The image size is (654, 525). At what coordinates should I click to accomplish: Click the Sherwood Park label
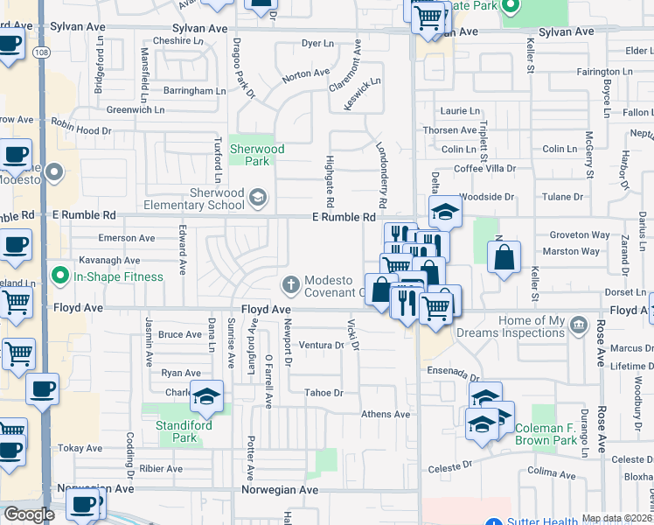click(256, 155)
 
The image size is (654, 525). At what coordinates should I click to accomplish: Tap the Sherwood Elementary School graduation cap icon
click(257, 198)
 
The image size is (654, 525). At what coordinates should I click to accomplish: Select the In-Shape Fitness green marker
click(60, 276)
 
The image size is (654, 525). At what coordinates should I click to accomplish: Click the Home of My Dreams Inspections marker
click(577, 326)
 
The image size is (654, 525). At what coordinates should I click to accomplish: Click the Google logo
click(29, 514)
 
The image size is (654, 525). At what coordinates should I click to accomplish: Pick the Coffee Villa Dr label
click(485, 168)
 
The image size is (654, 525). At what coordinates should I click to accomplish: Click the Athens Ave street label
click(386, 414)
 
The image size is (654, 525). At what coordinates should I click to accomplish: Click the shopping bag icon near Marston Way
click(504, 257)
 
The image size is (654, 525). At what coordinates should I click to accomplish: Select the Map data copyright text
click(617, 518)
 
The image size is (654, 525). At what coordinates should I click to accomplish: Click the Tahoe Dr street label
click(324, 393)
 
